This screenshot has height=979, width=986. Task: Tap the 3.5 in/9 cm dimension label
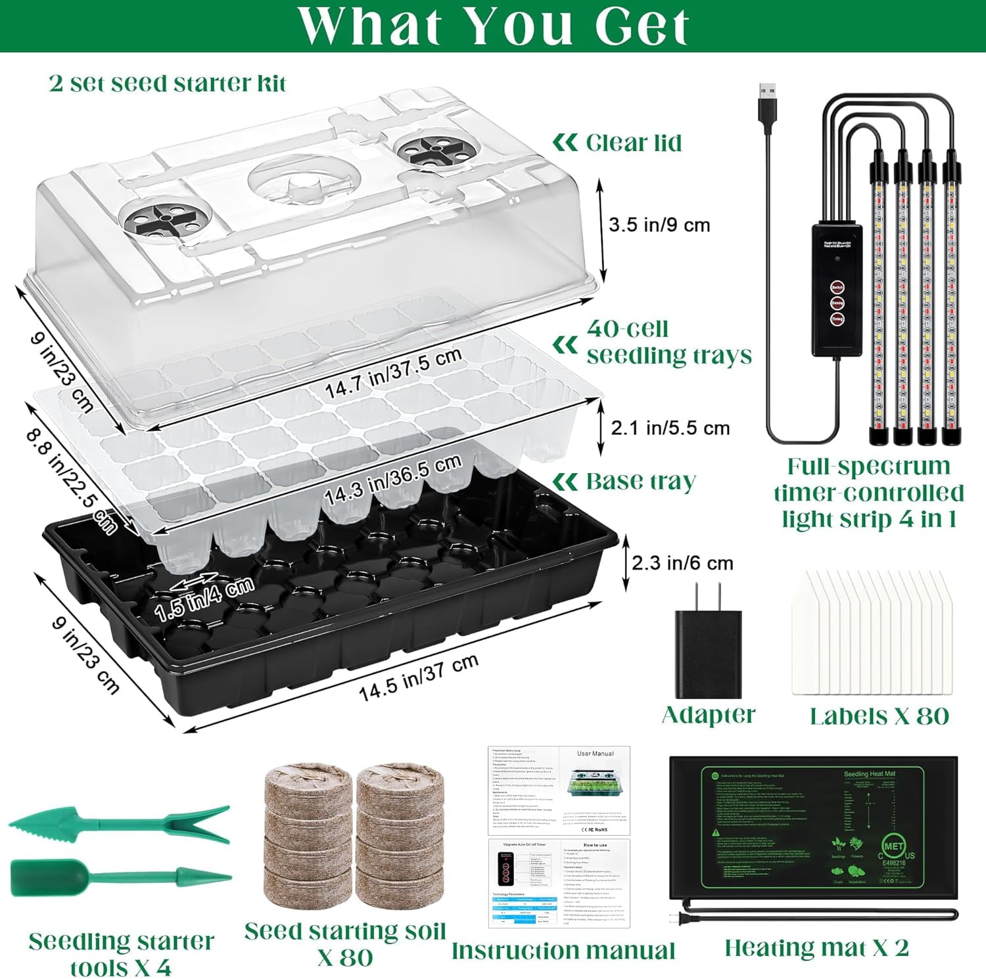pyautogui.click(x=659, y=225)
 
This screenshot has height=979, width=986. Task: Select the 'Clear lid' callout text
pyautogui.click(x=633, y=143)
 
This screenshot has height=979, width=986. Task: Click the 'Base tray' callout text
pyautogui.click(x=640, y=481)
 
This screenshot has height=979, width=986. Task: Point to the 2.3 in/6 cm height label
pyautogui.click(x=682, y=563)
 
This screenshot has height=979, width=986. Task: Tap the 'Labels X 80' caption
pyautogui.click(x=879, y=716)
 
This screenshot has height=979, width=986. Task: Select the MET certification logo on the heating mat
pyautogui.click(x=893, y=847)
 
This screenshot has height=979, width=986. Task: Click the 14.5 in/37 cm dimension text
pyautogui.click(x=418, y=678)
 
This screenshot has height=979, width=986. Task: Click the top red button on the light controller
pyautogui.click(x=837, y=288)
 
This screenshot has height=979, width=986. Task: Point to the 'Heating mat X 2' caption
pyautogui.click(x=816, y=947)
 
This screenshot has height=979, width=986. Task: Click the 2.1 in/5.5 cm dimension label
pyautogui.click(x=670, y=428)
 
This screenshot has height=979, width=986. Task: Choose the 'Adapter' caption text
pyautogui.click(x=708, y=715)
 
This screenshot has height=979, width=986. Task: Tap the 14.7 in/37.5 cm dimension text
pyautogui.click(x=393, y=373)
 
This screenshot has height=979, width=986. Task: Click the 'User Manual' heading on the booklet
pyautogui.click(x=595, y=754)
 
